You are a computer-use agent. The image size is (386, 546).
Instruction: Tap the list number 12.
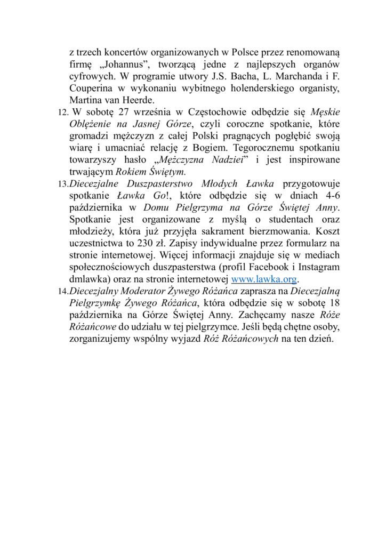pos(61,111)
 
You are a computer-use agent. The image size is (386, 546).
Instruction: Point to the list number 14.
pos(62,291)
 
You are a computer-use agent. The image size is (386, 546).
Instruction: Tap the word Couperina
pos(93,88)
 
